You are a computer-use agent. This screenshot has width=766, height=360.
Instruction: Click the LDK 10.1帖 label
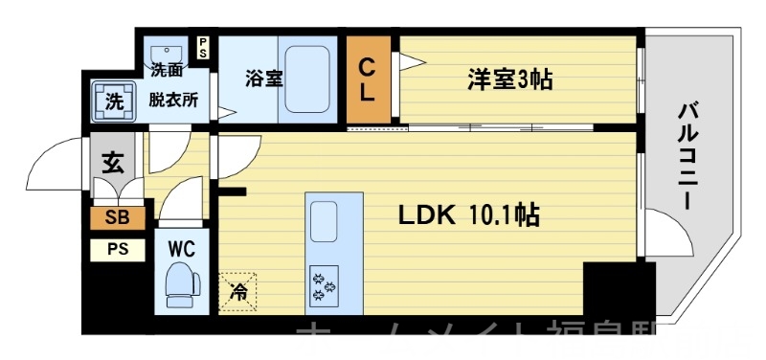click(x=469, y=217)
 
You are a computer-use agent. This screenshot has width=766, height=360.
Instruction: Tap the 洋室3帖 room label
click(x=509, y=79)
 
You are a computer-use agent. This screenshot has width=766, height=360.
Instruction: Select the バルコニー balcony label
click(x=687, y=152)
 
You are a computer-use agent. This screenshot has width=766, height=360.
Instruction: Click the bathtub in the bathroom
click(x=308, y=79)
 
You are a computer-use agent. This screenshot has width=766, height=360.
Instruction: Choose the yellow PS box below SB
click(x=117, y=250)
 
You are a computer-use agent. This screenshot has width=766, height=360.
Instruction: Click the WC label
click(x=182, y=249)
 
